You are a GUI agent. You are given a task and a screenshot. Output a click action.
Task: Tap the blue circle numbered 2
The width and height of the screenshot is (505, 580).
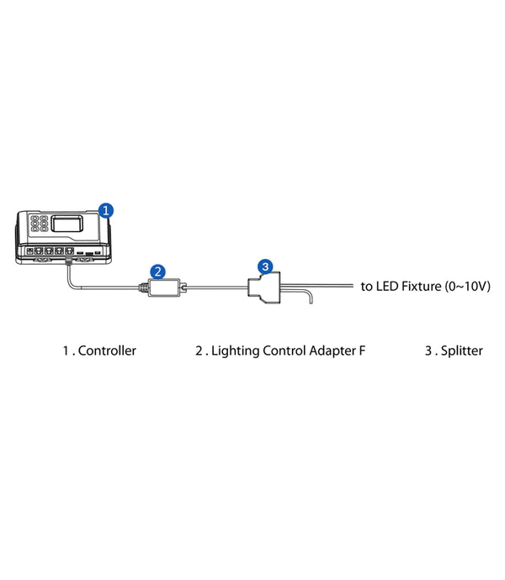click(x=157, y=271)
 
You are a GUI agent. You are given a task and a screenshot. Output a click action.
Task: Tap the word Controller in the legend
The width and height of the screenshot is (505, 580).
click(x=107, y=351)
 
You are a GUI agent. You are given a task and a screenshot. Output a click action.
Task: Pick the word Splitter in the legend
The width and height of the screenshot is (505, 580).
click(x=461, y=351)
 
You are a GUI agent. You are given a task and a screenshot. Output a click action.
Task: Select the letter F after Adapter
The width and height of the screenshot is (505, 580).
click(x=362, y=351)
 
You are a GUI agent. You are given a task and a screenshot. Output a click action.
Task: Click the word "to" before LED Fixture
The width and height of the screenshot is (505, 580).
click(x=367, y=287)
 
